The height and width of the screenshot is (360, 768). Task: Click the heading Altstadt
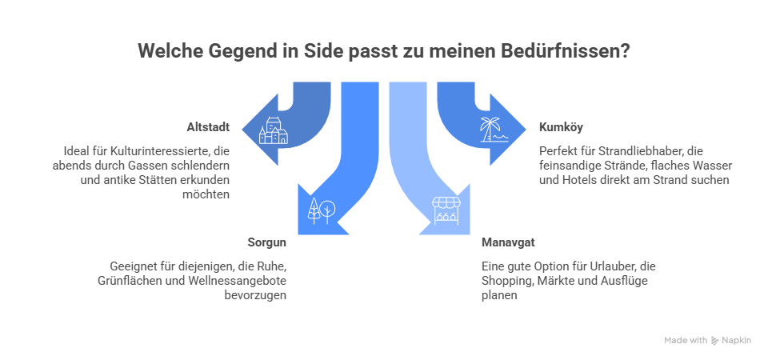[x=208, y=127]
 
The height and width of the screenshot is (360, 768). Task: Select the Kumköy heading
[x=561, y=127]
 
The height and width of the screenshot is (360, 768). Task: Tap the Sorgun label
[x=266, y=242]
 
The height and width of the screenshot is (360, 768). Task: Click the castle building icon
[x=274, y=130]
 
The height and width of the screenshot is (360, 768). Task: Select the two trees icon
[x=322, y=211]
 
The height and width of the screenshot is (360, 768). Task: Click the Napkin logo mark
[x=714, y=341]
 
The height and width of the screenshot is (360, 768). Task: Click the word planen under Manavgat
[x=499, y=296]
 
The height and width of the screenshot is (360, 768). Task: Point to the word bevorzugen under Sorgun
[x=255, y=296]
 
